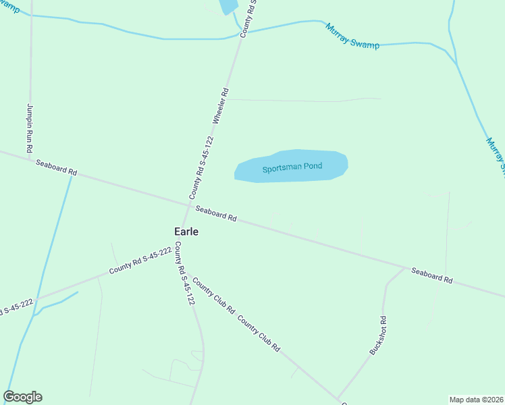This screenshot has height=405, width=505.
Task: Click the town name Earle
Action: click(x=186, y=231)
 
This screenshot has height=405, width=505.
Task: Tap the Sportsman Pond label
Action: click(x=292, y=167)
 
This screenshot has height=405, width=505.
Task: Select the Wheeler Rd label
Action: click(x=221, y=105)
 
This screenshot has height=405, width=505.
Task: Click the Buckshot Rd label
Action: click(x=377, y=335)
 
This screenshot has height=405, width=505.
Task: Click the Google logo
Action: click(x=22, y=397)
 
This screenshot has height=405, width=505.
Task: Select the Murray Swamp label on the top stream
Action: click(x=352, y=36)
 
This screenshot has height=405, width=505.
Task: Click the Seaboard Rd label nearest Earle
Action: click(x=216, y=213)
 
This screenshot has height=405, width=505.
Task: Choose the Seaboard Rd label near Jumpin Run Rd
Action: click(x=57, y=167)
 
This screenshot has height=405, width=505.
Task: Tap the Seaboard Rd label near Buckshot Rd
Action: click(x=431, y=275)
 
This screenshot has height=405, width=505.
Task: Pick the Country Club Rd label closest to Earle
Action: click(x=213, y=295)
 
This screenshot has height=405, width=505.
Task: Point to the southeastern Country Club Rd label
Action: click(x=259, y=333)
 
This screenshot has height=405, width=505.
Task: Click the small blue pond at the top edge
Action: click(x=228, y=6)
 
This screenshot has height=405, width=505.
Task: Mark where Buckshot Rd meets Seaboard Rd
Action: click(x=405, y=268)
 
